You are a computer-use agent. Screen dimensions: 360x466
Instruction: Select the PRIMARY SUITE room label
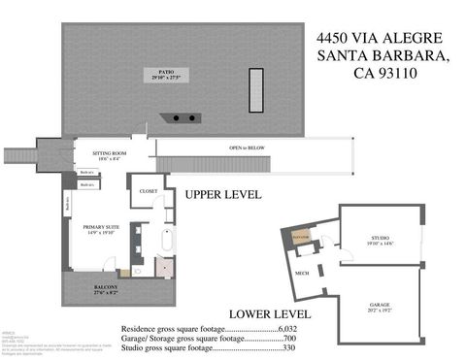[87, 229]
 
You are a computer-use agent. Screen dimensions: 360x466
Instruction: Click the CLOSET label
[149, 191]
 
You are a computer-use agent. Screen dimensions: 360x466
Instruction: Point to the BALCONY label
[107, 290]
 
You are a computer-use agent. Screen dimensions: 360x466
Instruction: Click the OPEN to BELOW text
[249, 147]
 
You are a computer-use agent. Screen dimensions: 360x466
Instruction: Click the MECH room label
[301, 274]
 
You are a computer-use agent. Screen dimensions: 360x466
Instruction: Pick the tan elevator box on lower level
[301, 237]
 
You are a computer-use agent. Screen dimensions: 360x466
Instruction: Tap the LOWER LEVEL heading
[269, 314]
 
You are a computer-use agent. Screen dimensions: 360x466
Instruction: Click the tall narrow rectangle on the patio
[256, 90]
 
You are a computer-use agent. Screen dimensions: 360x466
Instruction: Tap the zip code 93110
[411, 73]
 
